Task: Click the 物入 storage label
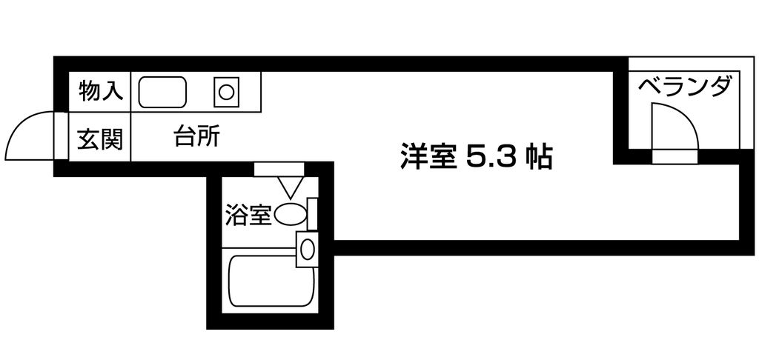tap(101, 91)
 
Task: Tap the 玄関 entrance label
tap(100, 139)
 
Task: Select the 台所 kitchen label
tap(197, 136)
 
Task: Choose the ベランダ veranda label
tap(683, 88)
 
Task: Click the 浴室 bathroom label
tap(248, 216)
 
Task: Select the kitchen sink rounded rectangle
tap(162, 92)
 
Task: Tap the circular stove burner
tap(226, 92)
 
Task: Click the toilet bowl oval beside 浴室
tap(291, 215)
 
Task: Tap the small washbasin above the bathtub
tap(307, 249)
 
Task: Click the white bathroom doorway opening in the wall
tap(279, 170)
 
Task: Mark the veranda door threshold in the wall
tap(675, 157)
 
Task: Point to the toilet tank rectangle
tap(313, 214)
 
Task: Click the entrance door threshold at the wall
tap(61, 136)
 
